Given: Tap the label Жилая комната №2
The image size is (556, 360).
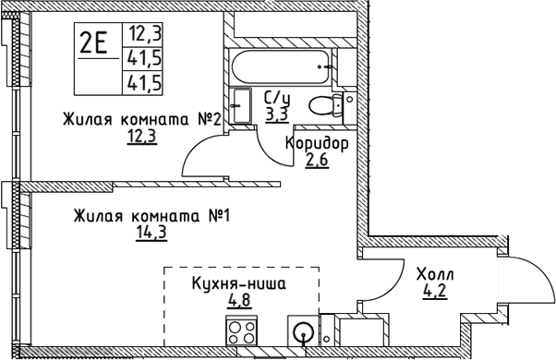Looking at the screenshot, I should (141, 120).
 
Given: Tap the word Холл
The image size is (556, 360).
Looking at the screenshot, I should (434, 274).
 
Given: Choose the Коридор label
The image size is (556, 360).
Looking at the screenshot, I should (317, 144).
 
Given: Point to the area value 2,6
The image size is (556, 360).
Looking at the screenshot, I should (317, 161).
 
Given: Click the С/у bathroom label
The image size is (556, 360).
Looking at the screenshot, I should (277, 99).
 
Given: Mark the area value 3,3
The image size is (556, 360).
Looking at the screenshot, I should (275, 114).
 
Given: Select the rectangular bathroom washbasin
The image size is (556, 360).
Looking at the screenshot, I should (242, 104).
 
